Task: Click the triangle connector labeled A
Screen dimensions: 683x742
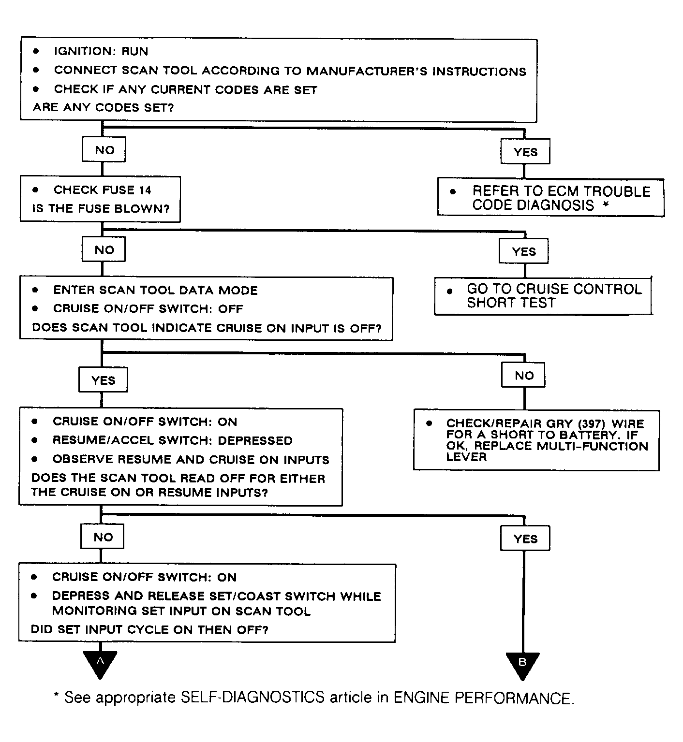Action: tap(100, 664)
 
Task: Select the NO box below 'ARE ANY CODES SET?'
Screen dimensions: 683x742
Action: tap(104, 149)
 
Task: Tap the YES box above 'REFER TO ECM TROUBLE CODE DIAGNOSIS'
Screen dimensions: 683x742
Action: tap(525, 152)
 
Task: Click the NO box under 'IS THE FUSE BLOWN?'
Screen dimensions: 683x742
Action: tap(104, 249)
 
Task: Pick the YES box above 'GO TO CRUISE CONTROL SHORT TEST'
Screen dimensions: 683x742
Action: tap(524, 251)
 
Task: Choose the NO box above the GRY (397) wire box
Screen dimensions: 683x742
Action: tap(524, 375)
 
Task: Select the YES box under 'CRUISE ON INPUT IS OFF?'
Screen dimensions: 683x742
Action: tap(104, 380)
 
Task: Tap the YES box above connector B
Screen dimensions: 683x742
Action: tap(525, 538)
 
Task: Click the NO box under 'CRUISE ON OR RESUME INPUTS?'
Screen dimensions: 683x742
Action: tap(103, 537)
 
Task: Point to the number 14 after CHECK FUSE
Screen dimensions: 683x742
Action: tap(145, 190)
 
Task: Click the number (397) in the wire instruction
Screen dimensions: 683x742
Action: tap(592, 423)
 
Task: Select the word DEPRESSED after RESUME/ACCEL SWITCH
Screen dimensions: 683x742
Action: tap(255, 440)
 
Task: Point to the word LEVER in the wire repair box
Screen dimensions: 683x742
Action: tap(466, 457)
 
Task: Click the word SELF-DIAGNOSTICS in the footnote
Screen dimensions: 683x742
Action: tap(252, 697)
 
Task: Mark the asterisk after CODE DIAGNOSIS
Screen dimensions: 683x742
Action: tap(606, 204)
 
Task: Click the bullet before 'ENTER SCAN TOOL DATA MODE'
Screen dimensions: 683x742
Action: tap(35, 290)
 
